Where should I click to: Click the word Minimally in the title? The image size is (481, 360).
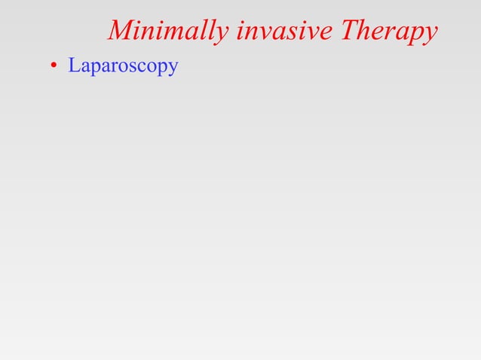pos(167,31)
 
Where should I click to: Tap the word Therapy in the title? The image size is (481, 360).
pos(389,31)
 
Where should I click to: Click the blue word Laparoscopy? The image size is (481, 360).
pos(123,66)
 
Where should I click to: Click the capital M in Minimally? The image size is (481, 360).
pos(123,30)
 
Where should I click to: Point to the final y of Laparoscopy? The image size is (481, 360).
pos(173,69)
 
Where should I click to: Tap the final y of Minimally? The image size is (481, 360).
pos(220,35)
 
